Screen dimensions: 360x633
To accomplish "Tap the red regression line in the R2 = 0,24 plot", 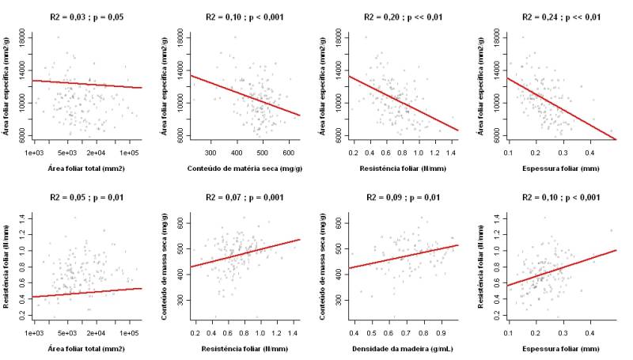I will pyautogui.click(x=562, y=108).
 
